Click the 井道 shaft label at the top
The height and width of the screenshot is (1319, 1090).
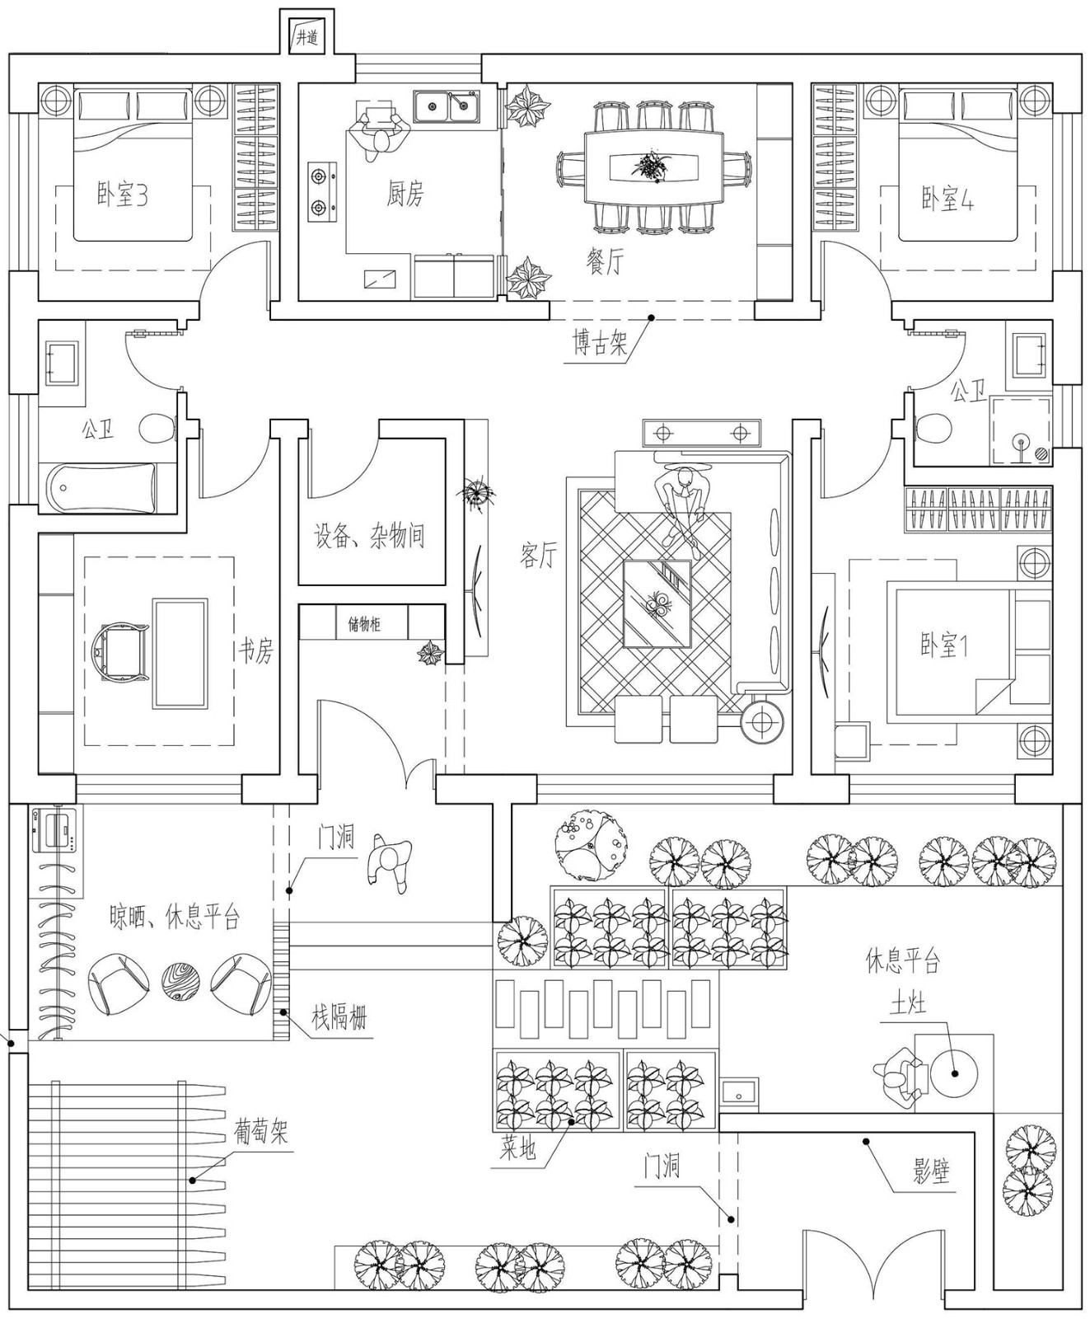point(306,37)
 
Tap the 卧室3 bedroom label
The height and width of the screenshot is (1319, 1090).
point(122,195)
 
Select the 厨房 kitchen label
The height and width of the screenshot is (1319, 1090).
point(405,194)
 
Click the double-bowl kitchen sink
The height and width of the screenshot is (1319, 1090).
point(447,106)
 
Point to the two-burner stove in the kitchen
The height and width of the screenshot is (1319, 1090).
point(322,194)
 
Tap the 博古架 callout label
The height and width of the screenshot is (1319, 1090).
point(601,342)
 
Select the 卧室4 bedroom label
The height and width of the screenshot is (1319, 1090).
point(947,199)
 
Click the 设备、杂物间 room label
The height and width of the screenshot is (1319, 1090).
point(370,536)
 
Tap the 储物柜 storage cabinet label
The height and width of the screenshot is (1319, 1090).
point(364,623)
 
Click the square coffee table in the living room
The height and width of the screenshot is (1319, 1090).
point(657,604)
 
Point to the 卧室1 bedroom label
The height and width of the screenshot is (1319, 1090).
point(944,645)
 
